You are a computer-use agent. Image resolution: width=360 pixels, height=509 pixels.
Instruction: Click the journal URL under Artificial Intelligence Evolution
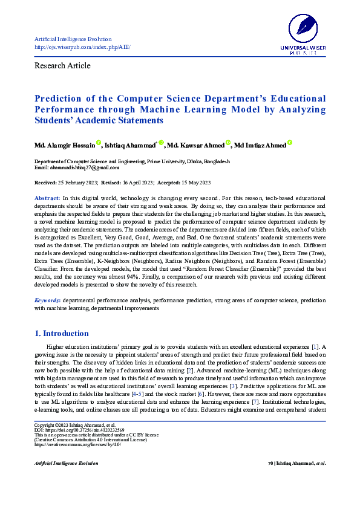(82, 47)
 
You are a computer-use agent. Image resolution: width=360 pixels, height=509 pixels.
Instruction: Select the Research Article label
(62, 65)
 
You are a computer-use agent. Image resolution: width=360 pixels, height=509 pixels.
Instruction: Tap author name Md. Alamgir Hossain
(64, 145)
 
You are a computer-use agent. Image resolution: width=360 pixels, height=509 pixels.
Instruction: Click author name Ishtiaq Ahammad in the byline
(130, 145)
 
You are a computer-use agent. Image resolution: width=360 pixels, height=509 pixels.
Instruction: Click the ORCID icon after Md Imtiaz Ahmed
(290, 143)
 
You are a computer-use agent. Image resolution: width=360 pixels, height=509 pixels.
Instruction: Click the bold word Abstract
(47, 198)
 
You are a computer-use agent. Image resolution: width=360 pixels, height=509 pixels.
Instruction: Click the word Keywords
(47, 300)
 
